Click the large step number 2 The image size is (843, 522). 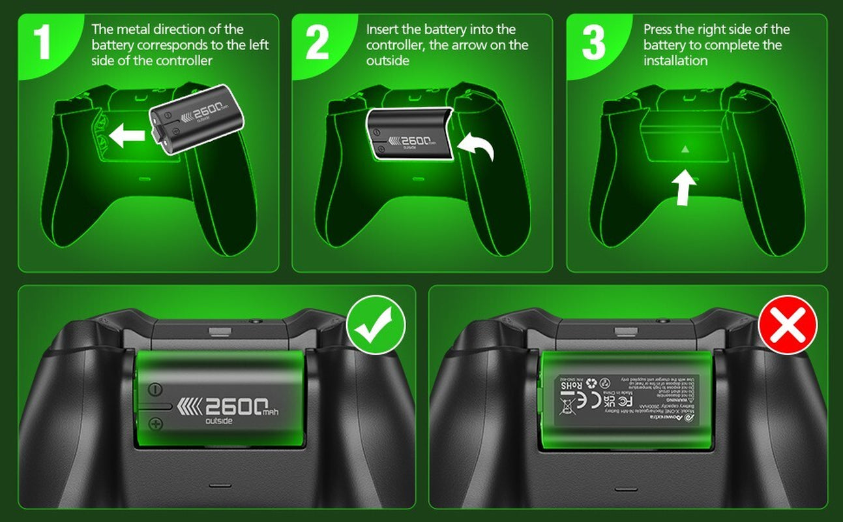(317, 44)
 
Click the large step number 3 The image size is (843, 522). (593, 44)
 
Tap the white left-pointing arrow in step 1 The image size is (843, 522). (127, 136)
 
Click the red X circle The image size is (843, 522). (788, 324)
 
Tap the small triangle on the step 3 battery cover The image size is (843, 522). (685, 149)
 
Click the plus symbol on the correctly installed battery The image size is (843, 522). (156, 424)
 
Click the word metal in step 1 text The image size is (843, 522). (136, 29)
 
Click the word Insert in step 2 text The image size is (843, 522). (382, 29)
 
